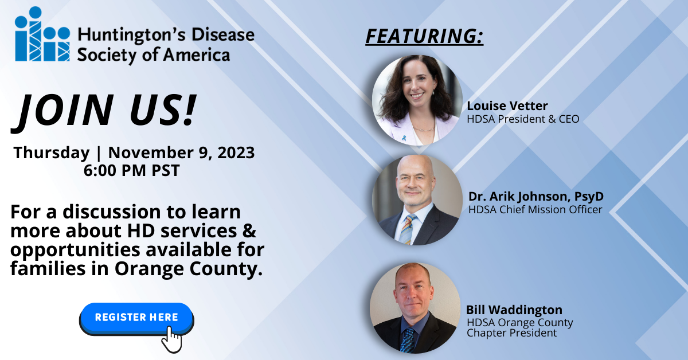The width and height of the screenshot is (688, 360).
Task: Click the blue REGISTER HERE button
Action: [136, 319]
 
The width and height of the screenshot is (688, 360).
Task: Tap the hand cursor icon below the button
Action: [171, 339]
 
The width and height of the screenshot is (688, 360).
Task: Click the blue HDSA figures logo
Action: [42, 34]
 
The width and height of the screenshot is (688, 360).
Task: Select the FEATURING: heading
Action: [424, 37]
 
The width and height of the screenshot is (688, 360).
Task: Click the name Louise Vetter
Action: [507, 105]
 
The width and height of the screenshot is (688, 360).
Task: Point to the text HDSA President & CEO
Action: [523, 119]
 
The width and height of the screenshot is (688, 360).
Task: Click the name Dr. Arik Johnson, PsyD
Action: [536, 196]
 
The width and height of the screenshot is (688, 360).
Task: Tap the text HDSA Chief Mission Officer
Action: [535, 209]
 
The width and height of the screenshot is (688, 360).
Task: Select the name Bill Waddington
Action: [514, 310]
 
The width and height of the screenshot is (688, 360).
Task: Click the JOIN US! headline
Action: [104, 111]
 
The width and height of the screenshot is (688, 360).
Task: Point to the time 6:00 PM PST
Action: [131, 170]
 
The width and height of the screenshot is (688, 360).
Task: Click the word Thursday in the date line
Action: [51, 152]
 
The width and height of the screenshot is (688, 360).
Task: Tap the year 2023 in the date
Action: [236, 152]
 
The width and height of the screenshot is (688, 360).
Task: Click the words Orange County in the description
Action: [189, 268]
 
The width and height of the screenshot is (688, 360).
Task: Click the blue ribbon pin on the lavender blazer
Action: [404, 138]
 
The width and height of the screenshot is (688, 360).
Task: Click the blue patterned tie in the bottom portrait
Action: [408, 341]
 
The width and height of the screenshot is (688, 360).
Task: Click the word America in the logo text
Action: [196, 55]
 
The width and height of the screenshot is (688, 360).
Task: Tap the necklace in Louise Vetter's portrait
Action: [424, 129]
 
